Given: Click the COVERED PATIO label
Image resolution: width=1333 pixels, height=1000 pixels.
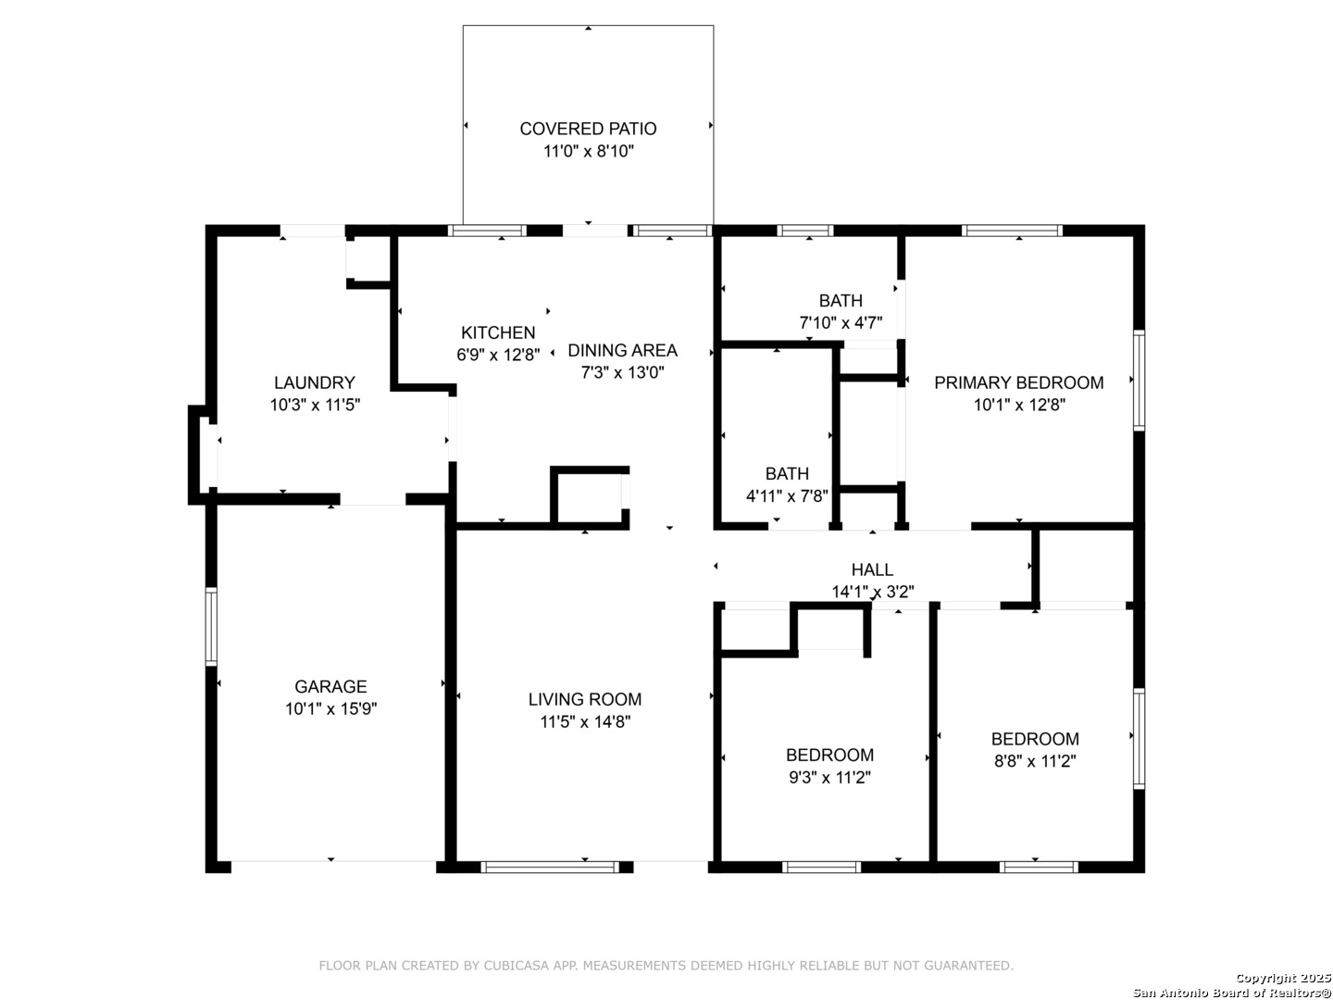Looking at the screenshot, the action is coord(587,129).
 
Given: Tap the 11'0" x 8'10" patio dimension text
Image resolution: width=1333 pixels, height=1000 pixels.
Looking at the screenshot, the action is coord(588,151).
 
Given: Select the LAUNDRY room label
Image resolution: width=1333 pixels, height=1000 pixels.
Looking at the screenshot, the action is coord(314,382).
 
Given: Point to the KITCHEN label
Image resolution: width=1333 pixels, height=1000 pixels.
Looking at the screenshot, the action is coord(498,332).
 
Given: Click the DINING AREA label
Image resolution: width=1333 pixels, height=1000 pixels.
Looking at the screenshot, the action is coord(622,350).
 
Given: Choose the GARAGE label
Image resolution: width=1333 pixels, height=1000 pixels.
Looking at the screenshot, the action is coord(330,687).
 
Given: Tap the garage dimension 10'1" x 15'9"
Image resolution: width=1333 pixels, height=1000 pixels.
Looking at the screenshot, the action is coord(331,708).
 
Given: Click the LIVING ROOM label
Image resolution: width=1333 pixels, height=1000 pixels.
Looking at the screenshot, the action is coord(584,699).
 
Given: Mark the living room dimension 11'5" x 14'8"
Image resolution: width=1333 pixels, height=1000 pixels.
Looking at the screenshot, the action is coord(585,722).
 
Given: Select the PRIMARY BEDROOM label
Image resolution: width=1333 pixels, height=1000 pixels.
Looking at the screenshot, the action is coord(1018,382).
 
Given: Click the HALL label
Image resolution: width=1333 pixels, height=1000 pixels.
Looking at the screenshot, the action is coord(871,569).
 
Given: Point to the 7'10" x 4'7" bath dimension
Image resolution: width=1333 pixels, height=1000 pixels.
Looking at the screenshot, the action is coord(840,322).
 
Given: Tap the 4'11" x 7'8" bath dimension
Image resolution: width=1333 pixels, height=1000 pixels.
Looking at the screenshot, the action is coord(787,496).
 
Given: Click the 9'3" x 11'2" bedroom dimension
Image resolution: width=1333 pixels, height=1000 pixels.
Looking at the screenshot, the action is coord(828,777).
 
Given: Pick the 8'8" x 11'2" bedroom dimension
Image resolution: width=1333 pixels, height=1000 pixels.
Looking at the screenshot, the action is coord(1034,761).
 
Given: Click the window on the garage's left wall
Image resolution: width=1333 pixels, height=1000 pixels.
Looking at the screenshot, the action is coord(211,626).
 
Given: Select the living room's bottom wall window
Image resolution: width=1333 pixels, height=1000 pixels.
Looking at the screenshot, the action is coord(550,867).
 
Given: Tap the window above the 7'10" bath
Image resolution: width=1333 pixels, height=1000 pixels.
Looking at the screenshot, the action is coord(804,231).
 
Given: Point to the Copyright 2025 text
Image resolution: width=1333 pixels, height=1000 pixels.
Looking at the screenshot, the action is coord(1283,978).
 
